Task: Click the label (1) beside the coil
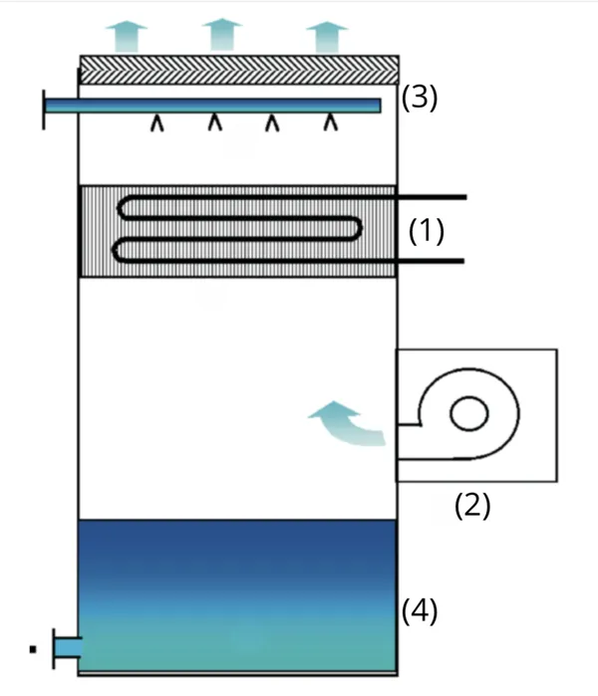point(427,231)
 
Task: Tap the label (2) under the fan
point(472,506)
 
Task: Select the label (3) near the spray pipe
point(419,99)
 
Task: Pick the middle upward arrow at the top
point(222,34)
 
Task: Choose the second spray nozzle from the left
point(214,123)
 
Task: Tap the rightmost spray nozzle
point(330,123)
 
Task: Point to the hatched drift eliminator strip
point(239,69)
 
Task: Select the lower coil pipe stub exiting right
point(431,261)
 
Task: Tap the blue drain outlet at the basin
point(66,648)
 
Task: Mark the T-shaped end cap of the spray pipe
point(45,107)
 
